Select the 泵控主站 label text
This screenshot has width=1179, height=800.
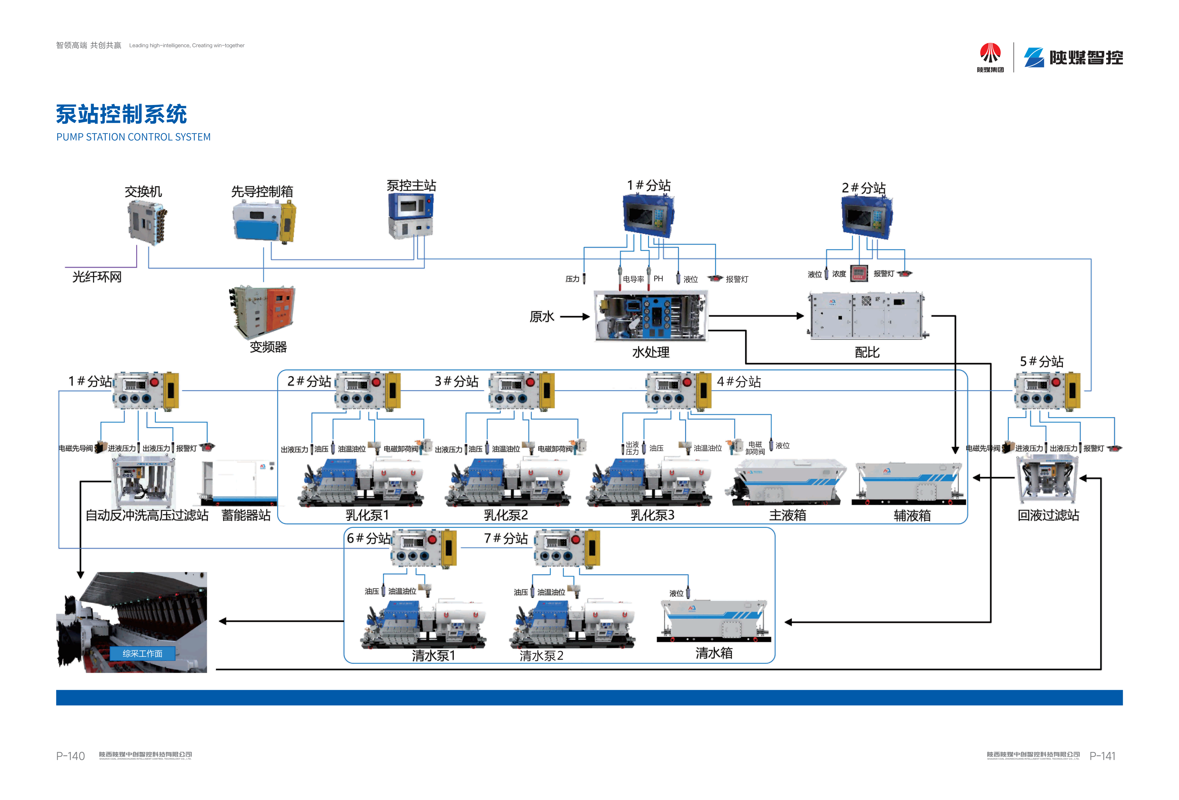pos(411,186)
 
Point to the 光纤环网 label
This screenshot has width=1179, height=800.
pos(97,277)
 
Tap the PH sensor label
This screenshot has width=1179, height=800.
pos(658,279)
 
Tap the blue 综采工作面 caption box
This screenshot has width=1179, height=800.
pos(143,653)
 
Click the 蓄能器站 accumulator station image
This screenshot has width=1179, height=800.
pos(238,482)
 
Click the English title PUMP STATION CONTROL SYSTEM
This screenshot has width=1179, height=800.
pos(133,137)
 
